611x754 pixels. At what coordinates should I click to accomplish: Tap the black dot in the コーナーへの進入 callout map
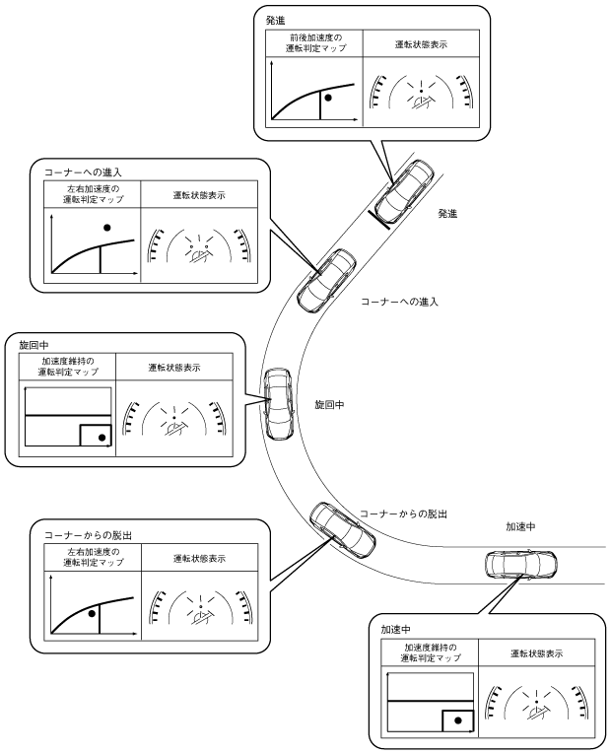click(x=106, y=228)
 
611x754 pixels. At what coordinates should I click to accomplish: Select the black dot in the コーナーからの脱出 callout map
click(x=91, y=612)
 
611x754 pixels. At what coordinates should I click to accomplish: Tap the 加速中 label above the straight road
click(x=518, y=527)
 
